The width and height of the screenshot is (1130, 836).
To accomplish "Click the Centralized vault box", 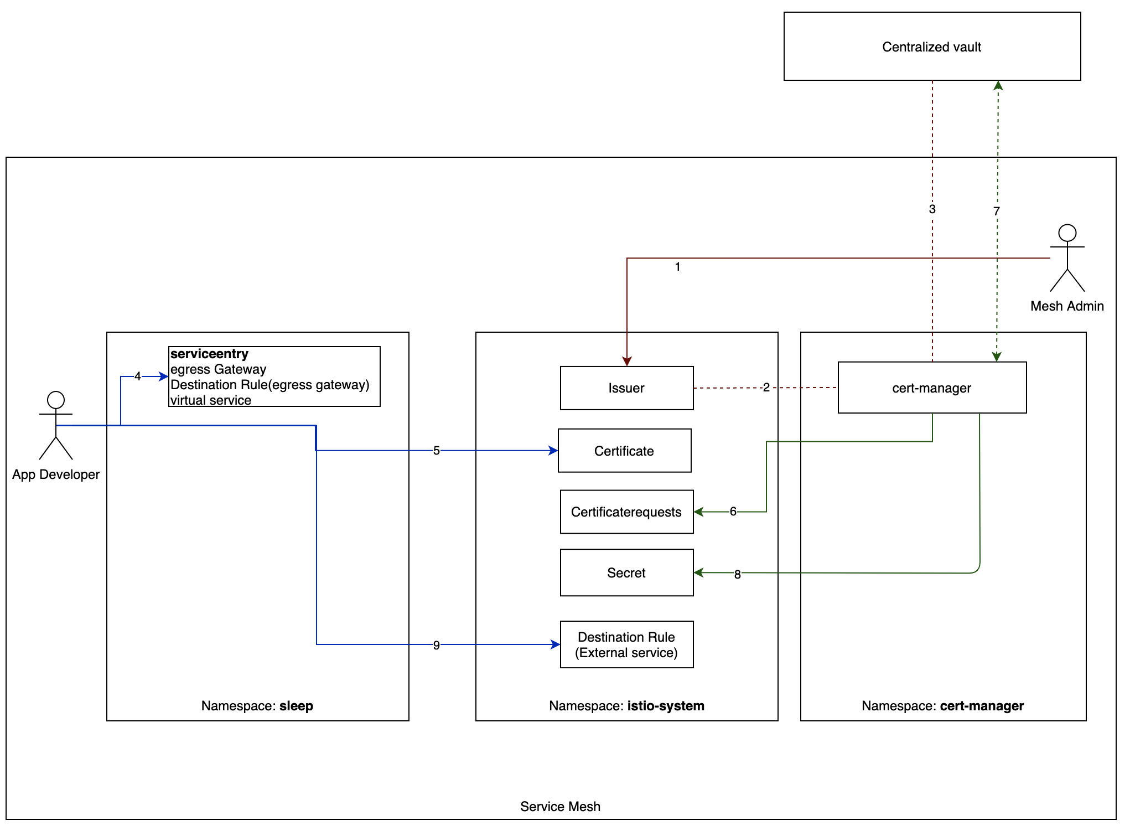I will pyautogui.click(x=932, y=47).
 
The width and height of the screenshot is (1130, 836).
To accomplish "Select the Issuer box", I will pyautogui.click(x=626, y=388).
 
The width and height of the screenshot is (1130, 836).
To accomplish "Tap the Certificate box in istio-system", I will pyautogui.click(x=624, y=451).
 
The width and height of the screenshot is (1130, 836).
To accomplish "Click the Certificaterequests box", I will pyautogui.click(x=626, y=512).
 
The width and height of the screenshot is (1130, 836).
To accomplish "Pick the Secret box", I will pyautogui.click(x=626, y=572).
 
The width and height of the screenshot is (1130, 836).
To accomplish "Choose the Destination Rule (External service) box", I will pyautogui.click(x=626, y=644).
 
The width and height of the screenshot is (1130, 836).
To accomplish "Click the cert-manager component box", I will pyautogui.click(x=932, y=388).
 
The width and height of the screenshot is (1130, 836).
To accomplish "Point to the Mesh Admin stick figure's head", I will pyautogui.click(x=1067, y=233).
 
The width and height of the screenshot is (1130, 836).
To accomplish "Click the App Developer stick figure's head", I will pyautogui.click(x=56, y=400).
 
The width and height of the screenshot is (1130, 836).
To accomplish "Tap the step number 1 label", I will pyautogui.click(x=677, y=267).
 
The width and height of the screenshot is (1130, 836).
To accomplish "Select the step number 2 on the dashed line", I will pyautogui.click(x=766, y=388).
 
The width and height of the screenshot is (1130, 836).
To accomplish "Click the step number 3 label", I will pyautogui.click(x=932, y=209).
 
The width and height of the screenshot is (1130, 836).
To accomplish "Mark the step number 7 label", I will pyautogui.click(x=996, y=211).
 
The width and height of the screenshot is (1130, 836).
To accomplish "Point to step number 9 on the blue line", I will pyautogui.click(x=436, y=645).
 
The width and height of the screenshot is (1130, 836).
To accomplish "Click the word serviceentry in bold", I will pyautogui.click(x=209, y=354).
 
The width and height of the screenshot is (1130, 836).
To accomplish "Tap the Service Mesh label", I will pyautogui.click(x=560, y=807).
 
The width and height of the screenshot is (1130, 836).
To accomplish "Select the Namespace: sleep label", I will pyautogui.click(x=257, y=706).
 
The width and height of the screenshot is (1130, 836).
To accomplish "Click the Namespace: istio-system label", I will pyautogui.click(x=626, y=706).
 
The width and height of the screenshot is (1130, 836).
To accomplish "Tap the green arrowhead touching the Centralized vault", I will pyautogui.click(x=998, y=86).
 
